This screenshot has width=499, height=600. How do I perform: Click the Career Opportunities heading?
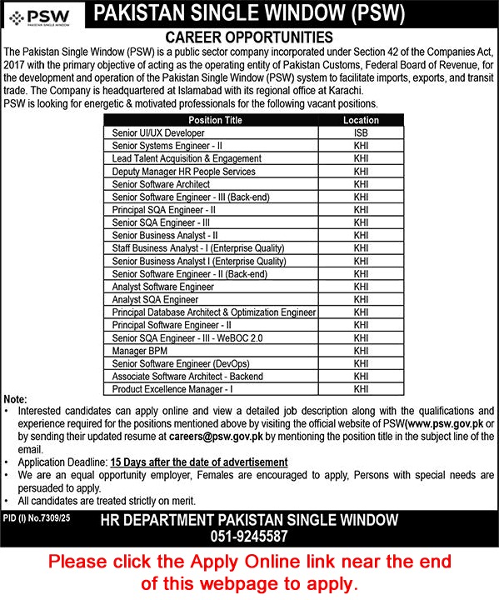pos(249,37)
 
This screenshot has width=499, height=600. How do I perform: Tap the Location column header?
pos(360,120)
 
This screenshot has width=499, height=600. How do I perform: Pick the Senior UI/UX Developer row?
pos(157,132)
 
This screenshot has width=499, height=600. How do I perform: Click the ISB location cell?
pos(360,132)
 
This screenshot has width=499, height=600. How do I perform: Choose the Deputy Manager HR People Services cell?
pos(183,171)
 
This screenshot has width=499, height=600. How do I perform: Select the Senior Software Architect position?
pos(161,184)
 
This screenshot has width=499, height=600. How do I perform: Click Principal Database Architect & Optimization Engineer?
pos(213,312)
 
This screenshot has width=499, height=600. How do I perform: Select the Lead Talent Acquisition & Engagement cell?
pos(187,158)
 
